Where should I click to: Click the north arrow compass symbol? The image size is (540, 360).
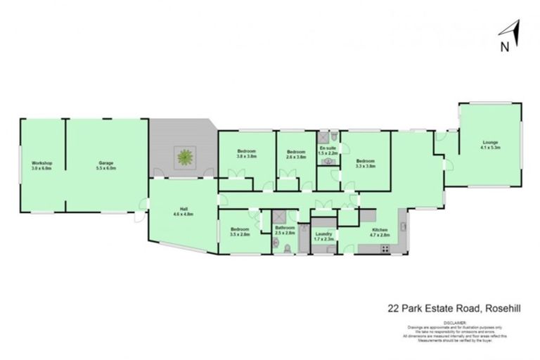coord(508,34)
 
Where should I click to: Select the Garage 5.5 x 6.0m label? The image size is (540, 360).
coord(106,166)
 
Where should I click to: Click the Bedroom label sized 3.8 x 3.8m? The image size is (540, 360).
coord(246,154)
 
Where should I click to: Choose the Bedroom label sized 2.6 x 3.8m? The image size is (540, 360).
coord(296,154)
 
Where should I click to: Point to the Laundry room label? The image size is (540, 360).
coord(324,236)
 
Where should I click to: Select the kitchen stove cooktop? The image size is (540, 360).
coord(385,250)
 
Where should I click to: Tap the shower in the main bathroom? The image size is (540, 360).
coord(278,217)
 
